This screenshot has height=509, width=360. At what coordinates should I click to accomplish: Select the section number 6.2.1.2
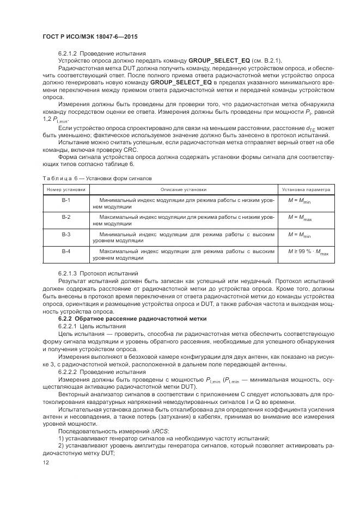tap(68, 53)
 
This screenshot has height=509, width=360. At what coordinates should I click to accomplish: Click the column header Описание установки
tap(183, 189)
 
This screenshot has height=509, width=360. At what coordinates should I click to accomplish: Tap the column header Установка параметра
tap(305, 189)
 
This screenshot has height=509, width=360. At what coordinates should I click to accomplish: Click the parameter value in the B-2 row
tap(300, 218)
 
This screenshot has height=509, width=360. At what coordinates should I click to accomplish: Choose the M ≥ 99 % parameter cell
tap(308, 252)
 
